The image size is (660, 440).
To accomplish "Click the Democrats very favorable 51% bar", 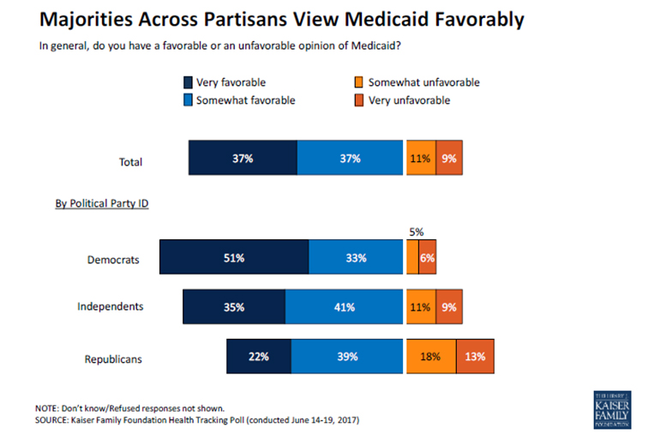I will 233,258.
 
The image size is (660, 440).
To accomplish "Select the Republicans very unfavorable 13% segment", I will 475,356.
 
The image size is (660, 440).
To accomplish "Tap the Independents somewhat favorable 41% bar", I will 345,306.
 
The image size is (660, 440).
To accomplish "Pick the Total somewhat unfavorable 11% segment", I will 421,159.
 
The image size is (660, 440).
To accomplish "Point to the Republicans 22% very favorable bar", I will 259,356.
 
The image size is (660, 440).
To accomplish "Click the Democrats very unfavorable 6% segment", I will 427,258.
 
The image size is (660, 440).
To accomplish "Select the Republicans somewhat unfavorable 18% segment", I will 431,356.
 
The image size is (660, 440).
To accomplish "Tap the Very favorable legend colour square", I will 188,83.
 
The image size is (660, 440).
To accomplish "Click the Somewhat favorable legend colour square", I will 188,101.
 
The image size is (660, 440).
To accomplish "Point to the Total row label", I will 130,161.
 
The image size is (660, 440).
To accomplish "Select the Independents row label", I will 110,306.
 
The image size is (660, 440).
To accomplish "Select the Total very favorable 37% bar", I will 243,159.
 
